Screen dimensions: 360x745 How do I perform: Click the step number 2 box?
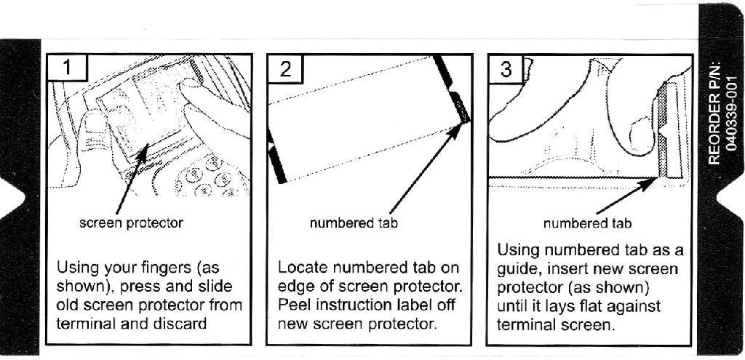285,69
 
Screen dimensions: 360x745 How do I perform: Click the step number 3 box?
506,69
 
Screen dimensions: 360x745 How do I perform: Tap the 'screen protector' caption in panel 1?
131,223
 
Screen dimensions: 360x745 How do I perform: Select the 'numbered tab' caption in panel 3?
587,223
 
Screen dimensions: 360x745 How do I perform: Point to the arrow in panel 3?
626,193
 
